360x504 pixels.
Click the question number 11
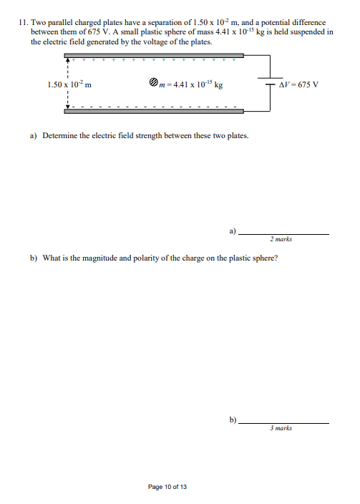click(x=24, y=23)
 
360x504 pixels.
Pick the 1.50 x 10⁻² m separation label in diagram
click(x=69, y=84)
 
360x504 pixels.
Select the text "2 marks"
click(x=281, y=240)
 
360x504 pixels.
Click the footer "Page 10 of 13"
click(x=167, y=487)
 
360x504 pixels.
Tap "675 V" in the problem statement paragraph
click(x=67, y=32)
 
